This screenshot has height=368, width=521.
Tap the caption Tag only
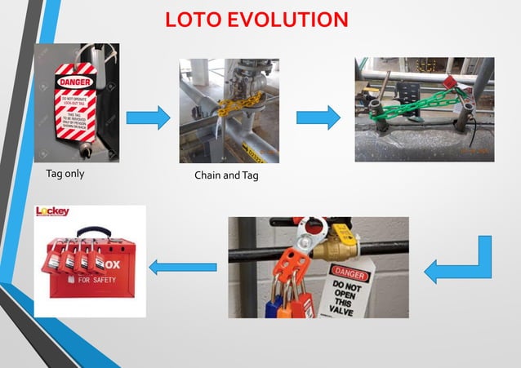(x=65, y=174)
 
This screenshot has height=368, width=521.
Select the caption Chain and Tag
(x=226, y=176)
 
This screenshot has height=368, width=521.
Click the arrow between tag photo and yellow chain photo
(x=148, y=119)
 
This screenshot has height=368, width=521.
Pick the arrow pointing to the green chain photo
(x=318, y=118)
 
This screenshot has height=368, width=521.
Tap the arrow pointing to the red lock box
(x=182, y=266)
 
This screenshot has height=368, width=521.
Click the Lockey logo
(x=53, y=212)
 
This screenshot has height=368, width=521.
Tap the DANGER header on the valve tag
(x=347, y=272)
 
